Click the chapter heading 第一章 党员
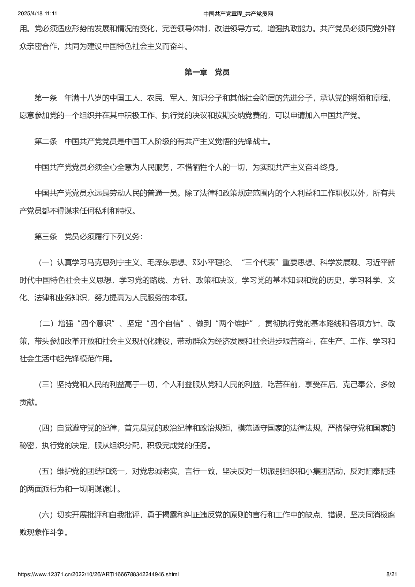(207, 72)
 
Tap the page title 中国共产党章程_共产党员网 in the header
(238, 14)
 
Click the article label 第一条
(45, 98)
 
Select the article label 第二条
(45, 142)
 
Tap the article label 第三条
(45, 237)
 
